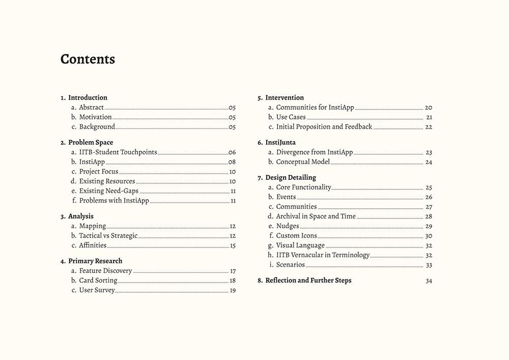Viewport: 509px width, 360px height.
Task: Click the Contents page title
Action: (88, 59)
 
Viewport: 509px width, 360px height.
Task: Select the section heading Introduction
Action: (88, 98)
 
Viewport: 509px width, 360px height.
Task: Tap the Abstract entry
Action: (91, 107)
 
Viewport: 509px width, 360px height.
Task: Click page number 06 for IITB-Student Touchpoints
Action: (232, 152)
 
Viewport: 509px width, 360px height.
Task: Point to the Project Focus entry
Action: (98, 172)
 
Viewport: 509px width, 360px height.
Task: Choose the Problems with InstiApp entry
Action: (114, 201)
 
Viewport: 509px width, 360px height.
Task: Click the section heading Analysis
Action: (80, 216)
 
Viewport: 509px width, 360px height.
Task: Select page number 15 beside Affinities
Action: (233, 245)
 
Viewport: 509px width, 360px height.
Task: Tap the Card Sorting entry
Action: (98, 281)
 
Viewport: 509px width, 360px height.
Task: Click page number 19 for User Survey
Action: (233, 291)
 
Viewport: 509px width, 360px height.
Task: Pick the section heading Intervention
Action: (284, 98)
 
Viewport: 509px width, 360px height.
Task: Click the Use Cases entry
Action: (291, 117)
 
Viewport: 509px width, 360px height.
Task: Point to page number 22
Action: (429, 127)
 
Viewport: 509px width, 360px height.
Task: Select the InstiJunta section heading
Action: (280, 143)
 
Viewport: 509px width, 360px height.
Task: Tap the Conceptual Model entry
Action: (303, 162)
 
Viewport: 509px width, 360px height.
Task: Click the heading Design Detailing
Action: (290, 178)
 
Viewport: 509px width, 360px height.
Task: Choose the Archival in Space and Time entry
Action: (316, 216)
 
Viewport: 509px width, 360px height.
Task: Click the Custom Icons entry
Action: (296, 236)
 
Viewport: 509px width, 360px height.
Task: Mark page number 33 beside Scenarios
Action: (429, 265)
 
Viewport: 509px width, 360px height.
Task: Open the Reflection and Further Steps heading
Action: (308, 281)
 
